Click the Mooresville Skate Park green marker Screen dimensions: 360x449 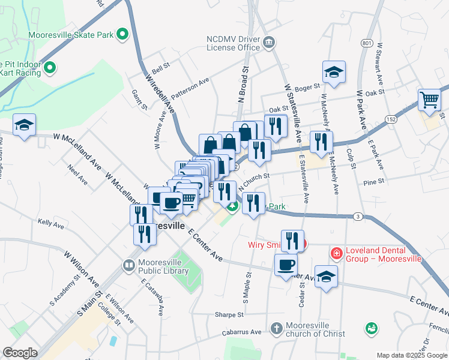122,35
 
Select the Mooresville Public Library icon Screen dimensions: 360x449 128,265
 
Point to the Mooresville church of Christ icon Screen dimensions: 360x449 276,329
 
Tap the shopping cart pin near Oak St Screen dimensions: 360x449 429,100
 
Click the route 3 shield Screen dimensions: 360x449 358,216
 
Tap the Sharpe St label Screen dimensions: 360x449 229,314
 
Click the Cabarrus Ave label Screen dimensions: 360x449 239,332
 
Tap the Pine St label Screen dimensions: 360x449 373,180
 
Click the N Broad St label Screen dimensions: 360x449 244,85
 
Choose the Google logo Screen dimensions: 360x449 20,353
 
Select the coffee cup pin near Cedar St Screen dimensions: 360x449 286,264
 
